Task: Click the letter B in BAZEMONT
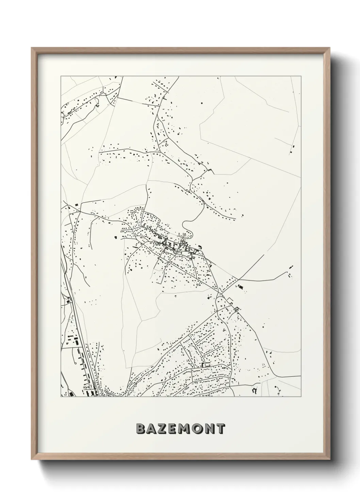141,429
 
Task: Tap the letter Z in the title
163,429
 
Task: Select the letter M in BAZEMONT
185,429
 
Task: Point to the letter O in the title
197,429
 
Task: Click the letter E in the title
173,429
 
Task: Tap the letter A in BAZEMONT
152,429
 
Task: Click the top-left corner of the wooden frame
32,47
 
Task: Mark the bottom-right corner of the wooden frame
329,460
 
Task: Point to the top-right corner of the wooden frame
329,47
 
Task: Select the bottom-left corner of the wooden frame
32,460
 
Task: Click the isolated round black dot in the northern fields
202,103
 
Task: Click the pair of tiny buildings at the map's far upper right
292,149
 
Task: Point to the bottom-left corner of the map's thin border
61,396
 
